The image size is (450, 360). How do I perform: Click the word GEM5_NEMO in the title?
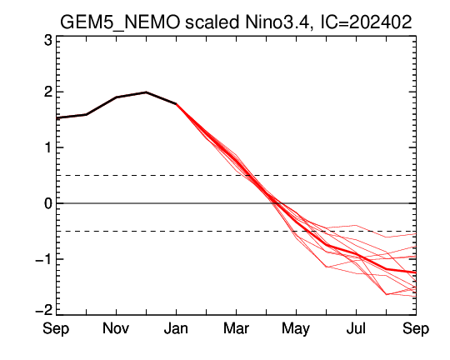click(x=120, y=22)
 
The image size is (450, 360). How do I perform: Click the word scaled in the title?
click(x=212, y=22)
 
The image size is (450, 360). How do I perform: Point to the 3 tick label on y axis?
click(x=48, y=41)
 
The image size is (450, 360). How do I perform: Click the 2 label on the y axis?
click(x=48, y=92)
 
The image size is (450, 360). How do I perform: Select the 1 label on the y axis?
click(x=48, y=147)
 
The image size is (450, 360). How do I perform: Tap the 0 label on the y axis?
click(x=48, y=203)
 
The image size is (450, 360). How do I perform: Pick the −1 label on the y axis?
click(x=43, y=259)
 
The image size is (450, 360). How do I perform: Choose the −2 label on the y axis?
click(x=43, y=310)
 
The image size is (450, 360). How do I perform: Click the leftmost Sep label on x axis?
click(x=56, y=328)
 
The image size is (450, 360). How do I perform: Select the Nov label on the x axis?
click(x=116, y=327)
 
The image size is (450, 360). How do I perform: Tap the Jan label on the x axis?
click(x=176, y=327)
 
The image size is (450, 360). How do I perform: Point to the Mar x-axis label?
click(x=236, y=327)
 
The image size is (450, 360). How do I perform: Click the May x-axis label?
click(x=296, y=328)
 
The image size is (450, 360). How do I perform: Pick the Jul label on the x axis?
click(x=356, y=327)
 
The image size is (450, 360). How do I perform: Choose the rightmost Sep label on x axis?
click(x=416, y=328)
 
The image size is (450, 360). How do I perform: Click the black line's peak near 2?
click(x=146, y=92)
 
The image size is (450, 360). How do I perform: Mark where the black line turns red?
click(x=176, y=103)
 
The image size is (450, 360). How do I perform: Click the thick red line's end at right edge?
click(x=416, y=272)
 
